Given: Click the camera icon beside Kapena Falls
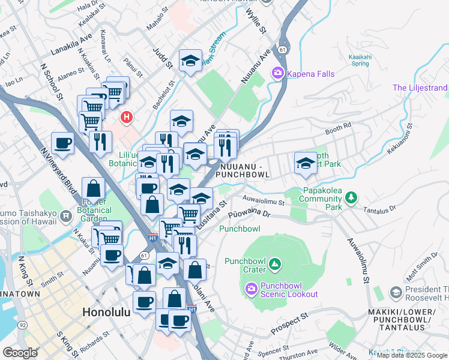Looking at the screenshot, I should pos(277,73).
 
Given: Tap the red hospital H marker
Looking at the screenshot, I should pos(126,116).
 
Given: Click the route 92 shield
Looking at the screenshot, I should pos(22,325).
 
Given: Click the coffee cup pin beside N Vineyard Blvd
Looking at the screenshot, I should pos(62,143).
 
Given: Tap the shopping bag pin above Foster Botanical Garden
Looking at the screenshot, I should pos(94,188).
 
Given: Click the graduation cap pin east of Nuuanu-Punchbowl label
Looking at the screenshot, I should pos(306,163).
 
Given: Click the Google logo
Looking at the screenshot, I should pos(20,353).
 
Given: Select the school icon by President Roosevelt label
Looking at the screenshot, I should pos(396,292).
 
